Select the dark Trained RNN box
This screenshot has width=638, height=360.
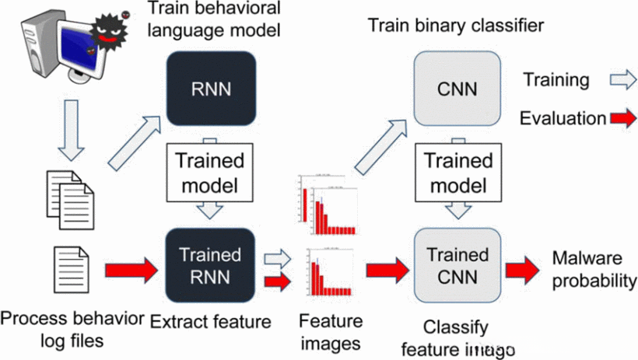pyautogui.click(x=211, y=264)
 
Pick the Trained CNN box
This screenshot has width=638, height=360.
pyautogui.click(x=455, y=264)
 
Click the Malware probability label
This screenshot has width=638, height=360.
pyautogui.click(x=594, y=269)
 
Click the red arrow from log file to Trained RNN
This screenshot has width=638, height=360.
pyautogui.click(x=121, y=272)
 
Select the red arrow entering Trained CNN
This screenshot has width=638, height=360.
pyautogui.click(x=387, y=270)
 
